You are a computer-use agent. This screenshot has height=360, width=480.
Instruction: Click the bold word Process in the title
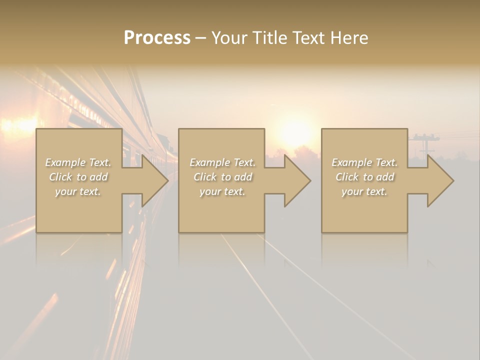point(157,38)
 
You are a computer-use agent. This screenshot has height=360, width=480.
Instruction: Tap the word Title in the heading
point(268,38)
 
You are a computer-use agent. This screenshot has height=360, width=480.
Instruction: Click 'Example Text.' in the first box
point(78,162)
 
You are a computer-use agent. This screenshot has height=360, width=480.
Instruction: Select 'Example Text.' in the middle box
point(222,162)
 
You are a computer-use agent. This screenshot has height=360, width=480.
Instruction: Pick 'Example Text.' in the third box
point(364,162)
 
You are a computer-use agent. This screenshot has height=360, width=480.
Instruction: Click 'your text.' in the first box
point(78,191)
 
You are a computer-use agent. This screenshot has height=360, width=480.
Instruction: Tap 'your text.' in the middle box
point(222,191)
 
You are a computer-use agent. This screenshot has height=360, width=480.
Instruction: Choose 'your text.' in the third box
point(364,191)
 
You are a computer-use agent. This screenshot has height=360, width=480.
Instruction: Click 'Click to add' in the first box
point(78,177)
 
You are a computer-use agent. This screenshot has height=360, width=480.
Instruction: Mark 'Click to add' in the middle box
point(222,177)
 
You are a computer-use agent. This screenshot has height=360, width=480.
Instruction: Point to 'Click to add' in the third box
point(364,177)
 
